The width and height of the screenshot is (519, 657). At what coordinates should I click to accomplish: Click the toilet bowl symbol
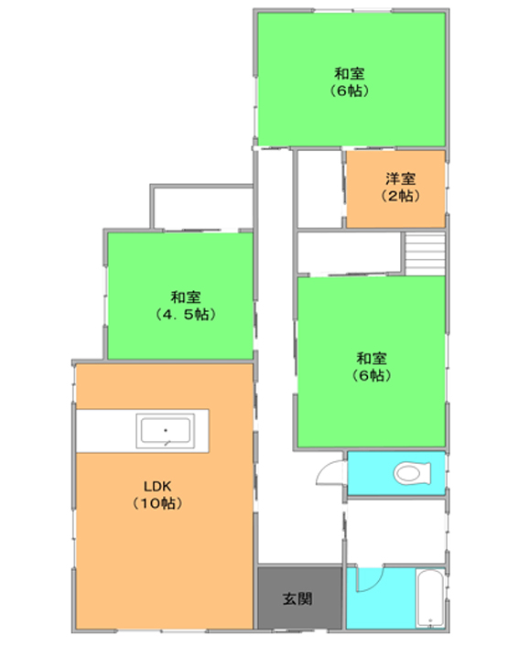[412, 473]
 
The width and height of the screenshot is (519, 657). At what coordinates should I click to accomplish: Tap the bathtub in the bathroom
[430, 598]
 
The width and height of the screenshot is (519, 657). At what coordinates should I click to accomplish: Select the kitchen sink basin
[165, 430]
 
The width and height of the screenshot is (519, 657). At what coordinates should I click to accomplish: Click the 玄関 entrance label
[297, 598]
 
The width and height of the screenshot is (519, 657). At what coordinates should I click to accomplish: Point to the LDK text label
[157, 487]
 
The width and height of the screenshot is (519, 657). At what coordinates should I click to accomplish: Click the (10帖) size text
[157, 502]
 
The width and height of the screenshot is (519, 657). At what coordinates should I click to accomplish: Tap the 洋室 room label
[400, 179]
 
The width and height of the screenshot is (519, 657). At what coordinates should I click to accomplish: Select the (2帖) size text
[400, 196]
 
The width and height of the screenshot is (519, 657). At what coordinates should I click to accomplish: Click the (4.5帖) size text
[185, 314]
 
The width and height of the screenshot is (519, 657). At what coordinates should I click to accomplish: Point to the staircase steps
[425, 253]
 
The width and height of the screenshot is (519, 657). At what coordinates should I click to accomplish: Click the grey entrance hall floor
[299, 598]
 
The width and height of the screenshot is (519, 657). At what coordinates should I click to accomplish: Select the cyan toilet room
[396, 473]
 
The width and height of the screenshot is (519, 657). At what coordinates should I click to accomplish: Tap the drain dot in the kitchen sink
[166, 430]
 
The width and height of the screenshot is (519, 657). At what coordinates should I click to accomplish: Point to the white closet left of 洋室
[319, 189]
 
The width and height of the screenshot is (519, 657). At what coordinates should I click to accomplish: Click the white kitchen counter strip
[143, 431]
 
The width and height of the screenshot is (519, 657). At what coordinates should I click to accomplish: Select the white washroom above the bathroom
[395, 532]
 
